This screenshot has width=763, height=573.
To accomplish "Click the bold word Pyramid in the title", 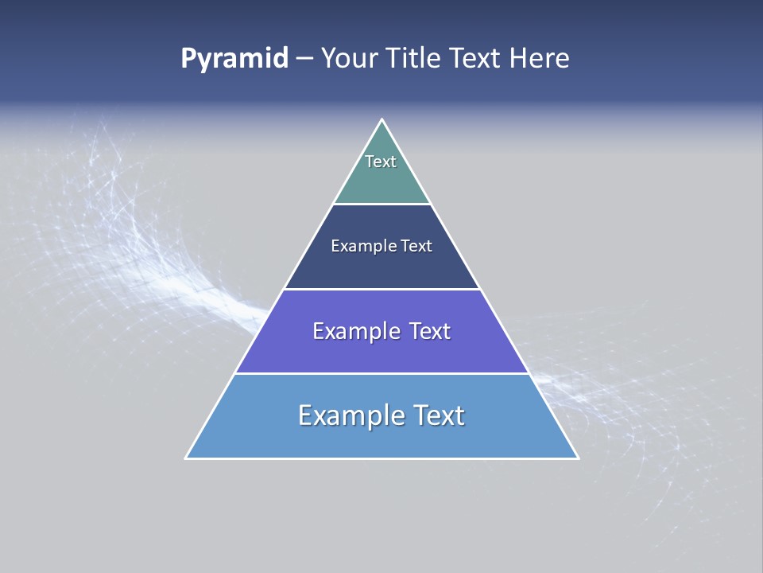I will [234, 59].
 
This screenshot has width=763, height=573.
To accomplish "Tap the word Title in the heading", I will [416, 59].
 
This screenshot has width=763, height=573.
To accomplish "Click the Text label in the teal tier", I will [381, 162].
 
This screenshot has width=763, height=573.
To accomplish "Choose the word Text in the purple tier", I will [429, 331].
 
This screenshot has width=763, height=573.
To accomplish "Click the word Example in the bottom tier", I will [351, 415].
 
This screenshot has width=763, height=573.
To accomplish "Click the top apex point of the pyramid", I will [381, 119].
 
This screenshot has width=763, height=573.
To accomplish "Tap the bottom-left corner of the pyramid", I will [186, 458].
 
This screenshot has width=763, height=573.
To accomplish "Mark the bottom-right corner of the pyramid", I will [578, 458].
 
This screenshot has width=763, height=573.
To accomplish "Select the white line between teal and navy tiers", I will [381, 205].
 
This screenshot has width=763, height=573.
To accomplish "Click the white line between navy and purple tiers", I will [381, 289].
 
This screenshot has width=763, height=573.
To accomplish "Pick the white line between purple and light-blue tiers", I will [381, 373].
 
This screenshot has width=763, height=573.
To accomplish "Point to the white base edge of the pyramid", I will [381, 458].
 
